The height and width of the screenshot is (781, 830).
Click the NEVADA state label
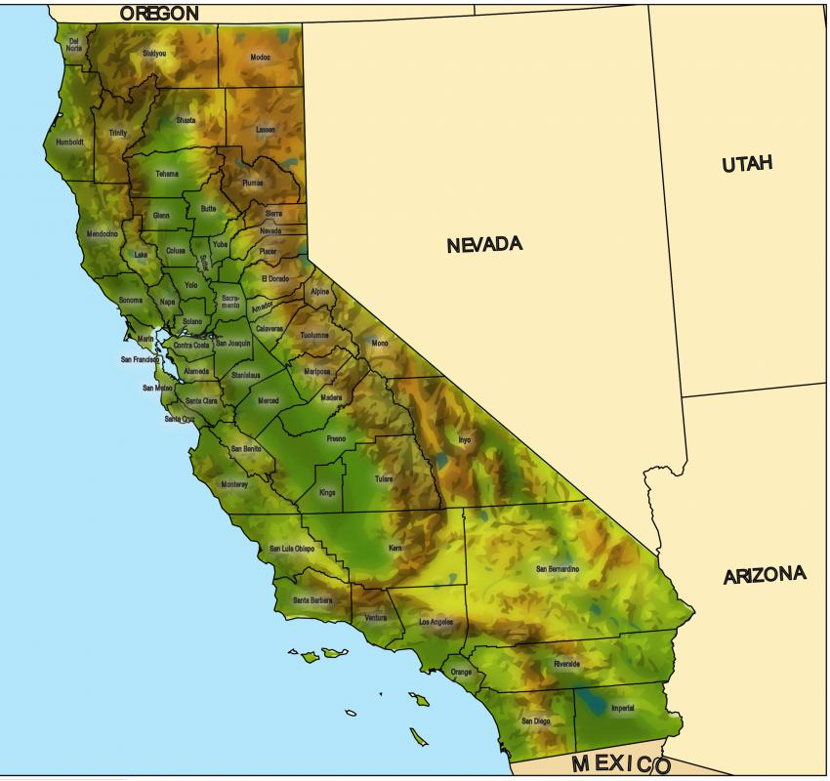tap(484, 244)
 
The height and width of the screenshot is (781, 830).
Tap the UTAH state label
tap(747, 164)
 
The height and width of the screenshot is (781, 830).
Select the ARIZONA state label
tap(765, 576)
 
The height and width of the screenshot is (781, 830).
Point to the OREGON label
tap(159, 14)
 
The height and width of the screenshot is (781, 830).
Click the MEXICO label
tap(621, 763)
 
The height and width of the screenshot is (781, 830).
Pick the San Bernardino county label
tap(558, 568)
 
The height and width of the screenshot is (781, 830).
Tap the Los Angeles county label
tap(436, 622)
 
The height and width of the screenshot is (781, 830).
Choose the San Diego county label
tap(535, 721)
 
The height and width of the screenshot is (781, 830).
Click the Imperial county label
tap(622, 708)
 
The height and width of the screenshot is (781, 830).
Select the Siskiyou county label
tap(154, 53)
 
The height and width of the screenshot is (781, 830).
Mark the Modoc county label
tap(260, 58)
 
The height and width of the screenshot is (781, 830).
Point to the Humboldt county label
tap(69, 142)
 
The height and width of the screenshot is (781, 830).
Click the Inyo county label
tap(464, 440)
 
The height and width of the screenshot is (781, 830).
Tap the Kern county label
tap(395, 549)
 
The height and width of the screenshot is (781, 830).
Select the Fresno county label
tap(336, 438)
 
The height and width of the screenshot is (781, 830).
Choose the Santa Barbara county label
tap(312, 599)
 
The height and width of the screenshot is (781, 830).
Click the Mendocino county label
tap(102, 233)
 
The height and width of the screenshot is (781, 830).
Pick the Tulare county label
tap(384, 479)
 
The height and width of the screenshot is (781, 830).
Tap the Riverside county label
tap(566, 664)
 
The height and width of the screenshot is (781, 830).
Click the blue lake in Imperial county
tap(591, 701)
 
